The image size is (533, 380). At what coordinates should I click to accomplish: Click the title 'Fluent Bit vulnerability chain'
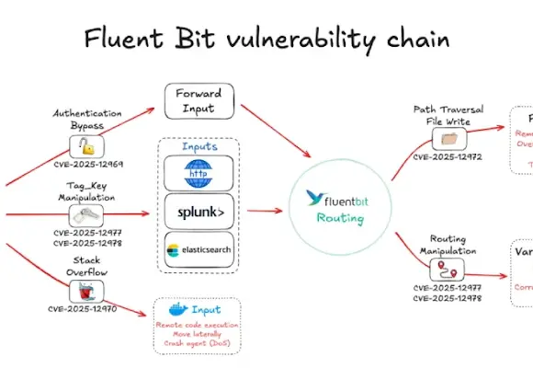[x=266, y=39]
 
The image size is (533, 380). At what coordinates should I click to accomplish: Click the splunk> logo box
[x=198, y=211]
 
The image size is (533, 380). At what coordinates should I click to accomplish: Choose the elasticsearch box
[x=198, y=249]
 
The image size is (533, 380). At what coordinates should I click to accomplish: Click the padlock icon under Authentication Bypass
[x=86, y=145]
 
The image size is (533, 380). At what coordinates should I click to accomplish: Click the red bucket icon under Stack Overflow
[x=86, y=290]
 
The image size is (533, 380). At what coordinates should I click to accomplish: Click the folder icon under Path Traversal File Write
[x=448, y=139]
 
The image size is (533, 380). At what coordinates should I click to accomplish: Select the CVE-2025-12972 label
[x=448, y=157]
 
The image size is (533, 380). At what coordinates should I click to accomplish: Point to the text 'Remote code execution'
[x=198, y=325]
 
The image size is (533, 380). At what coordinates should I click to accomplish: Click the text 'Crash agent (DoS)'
[x=198, y=343]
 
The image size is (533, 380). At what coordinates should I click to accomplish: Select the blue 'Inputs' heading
[x=198, y=145]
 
